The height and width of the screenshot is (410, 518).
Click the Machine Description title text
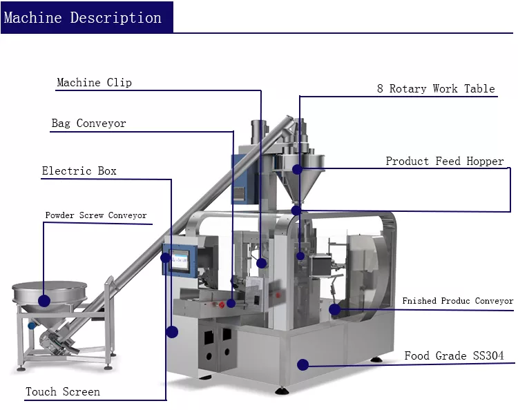(x=83, y=17)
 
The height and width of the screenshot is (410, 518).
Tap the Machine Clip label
(x=94, y=83)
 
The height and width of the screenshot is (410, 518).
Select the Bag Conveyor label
(x=88, y=124)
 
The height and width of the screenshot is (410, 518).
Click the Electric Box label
(x=79, y=170)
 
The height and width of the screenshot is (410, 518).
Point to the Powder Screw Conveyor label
(x=96, y=215)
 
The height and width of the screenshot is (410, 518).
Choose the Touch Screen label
(x=63, y=392)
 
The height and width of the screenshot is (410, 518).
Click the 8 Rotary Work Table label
(x=436, y=88)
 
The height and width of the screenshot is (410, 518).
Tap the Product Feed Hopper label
(x=445, y=161)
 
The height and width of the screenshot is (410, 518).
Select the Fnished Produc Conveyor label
(x=458, y=301)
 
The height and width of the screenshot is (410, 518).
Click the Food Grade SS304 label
(x=454, y=356)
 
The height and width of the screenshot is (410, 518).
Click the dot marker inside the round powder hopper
(x=44, y=300)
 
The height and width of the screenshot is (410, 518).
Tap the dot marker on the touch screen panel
(x=166, y=258)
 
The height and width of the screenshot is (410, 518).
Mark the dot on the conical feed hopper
(x=297, y=169)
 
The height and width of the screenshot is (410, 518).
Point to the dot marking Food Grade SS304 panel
(x=302, y=364)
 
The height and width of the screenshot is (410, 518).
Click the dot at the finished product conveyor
(x=335, y=309)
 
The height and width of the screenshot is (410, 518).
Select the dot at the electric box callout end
(x=172, y=332)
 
